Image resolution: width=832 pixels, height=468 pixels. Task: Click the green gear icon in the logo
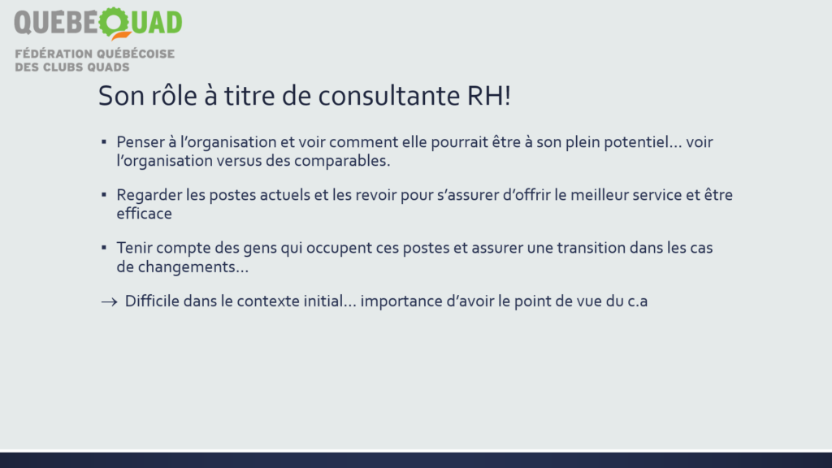pyautogui.click(x=114, y=23)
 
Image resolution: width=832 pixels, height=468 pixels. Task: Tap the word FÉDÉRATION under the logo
pyautogui.click(x=54, y=54)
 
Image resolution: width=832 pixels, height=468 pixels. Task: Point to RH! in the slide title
pyautogui.click(x=488, y=96)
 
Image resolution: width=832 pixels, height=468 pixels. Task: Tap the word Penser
pyautogui.click(x=141, y=142)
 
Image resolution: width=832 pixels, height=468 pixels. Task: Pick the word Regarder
pyautogui.click(x=149, y=195)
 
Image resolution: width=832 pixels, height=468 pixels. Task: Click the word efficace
pyautogui.click(x=145, y=214)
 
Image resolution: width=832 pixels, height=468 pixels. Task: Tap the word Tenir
pyautogui.click(x=134, y=248)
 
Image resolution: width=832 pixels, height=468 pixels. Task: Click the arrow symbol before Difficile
pyautogui.click(x=110, y=302)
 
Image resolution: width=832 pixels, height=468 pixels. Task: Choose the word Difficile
pyautogui.click(x=152, y=301)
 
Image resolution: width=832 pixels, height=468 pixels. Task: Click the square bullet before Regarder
pyautogui.click(x=104, y=195)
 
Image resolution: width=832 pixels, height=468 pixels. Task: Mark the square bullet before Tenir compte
pyautogui.click(x=104, y=247)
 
